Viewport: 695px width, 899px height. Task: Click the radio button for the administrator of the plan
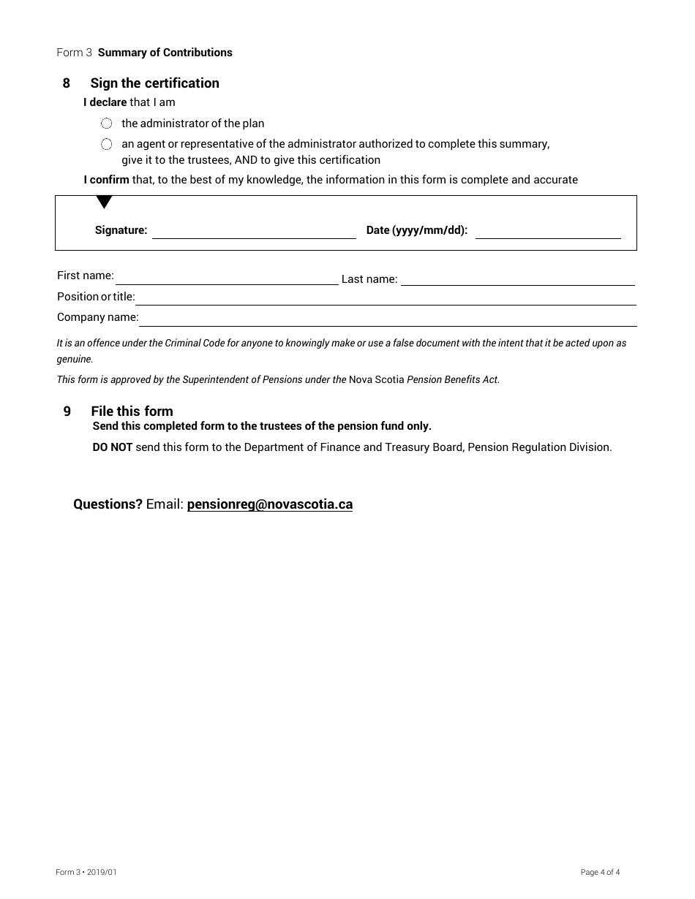coord(107,124)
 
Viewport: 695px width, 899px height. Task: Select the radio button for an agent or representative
coord(107,144)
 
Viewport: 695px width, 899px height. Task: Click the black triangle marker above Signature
coord(104,202)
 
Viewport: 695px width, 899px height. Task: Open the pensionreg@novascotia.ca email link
coord(269,504)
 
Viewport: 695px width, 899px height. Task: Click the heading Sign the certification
coord(154,83)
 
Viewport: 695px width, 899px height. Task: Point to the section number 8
coord(67,83)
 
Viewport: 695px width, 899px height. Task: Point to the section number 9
coord(67,411)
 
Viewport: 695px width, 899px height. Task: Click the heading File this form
coord(132,411)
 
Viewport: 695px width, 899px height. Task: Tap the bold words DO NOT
coord(112,447)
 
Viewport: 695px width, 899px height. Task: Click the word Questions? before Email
coord(108,504)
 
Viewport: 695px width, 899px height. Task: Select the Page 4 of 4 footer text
coord(600,872)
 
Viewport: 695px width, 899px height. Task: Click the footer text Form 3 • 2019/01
coord(86,872)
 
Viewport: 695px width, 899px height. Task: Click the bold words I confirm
coord(106,180)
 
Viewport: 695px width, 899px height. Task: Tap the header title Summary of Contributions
coord(165,53)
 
